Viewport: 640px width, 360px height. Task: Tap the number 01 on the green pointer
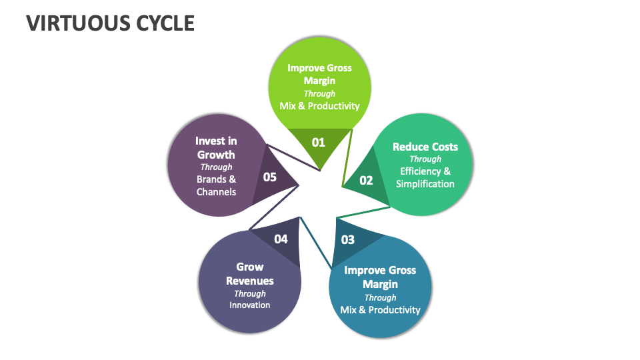pos(318,141)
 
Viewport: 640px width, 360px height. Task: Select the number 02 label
pos(366,180)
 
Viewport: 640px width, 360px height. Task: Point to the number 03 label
pos(347,240)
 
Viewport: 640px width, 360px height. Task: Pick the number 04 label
pos(281,239)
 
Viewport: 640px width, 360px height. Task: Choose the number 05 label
pos(269,177)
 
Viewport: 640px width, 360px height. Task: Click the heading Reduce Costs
pos(425,147)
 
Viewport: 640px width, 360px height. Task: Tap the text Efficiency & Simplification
pos(425,177)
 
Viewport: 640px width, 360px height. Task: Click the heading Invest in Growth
pos(216,147)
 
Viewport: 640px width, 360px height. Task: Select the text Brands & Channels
pos(216,185)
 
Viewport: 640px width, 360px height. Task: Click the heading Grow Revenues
pos(250,274)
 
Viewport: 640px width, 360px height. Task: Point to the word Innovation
pos(250,305)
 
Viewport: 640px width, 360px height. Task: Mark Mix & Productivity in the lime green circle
pos(319,105)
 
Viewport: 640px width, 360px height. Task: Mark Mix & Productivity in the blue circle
pos(380,309)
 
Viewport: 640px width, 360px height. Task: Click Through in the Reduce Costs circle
pos(425,159)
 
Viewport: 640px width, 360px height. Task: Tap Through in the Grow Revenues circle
pos(250,293)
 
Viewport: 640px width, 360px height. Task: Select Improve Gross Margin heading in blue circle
pos(380,277)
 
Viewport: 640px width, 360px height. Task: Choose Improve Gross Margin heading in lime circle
pos(319,74)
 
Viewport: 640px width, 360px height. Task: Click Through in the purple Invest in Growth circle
pos(216,167)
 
